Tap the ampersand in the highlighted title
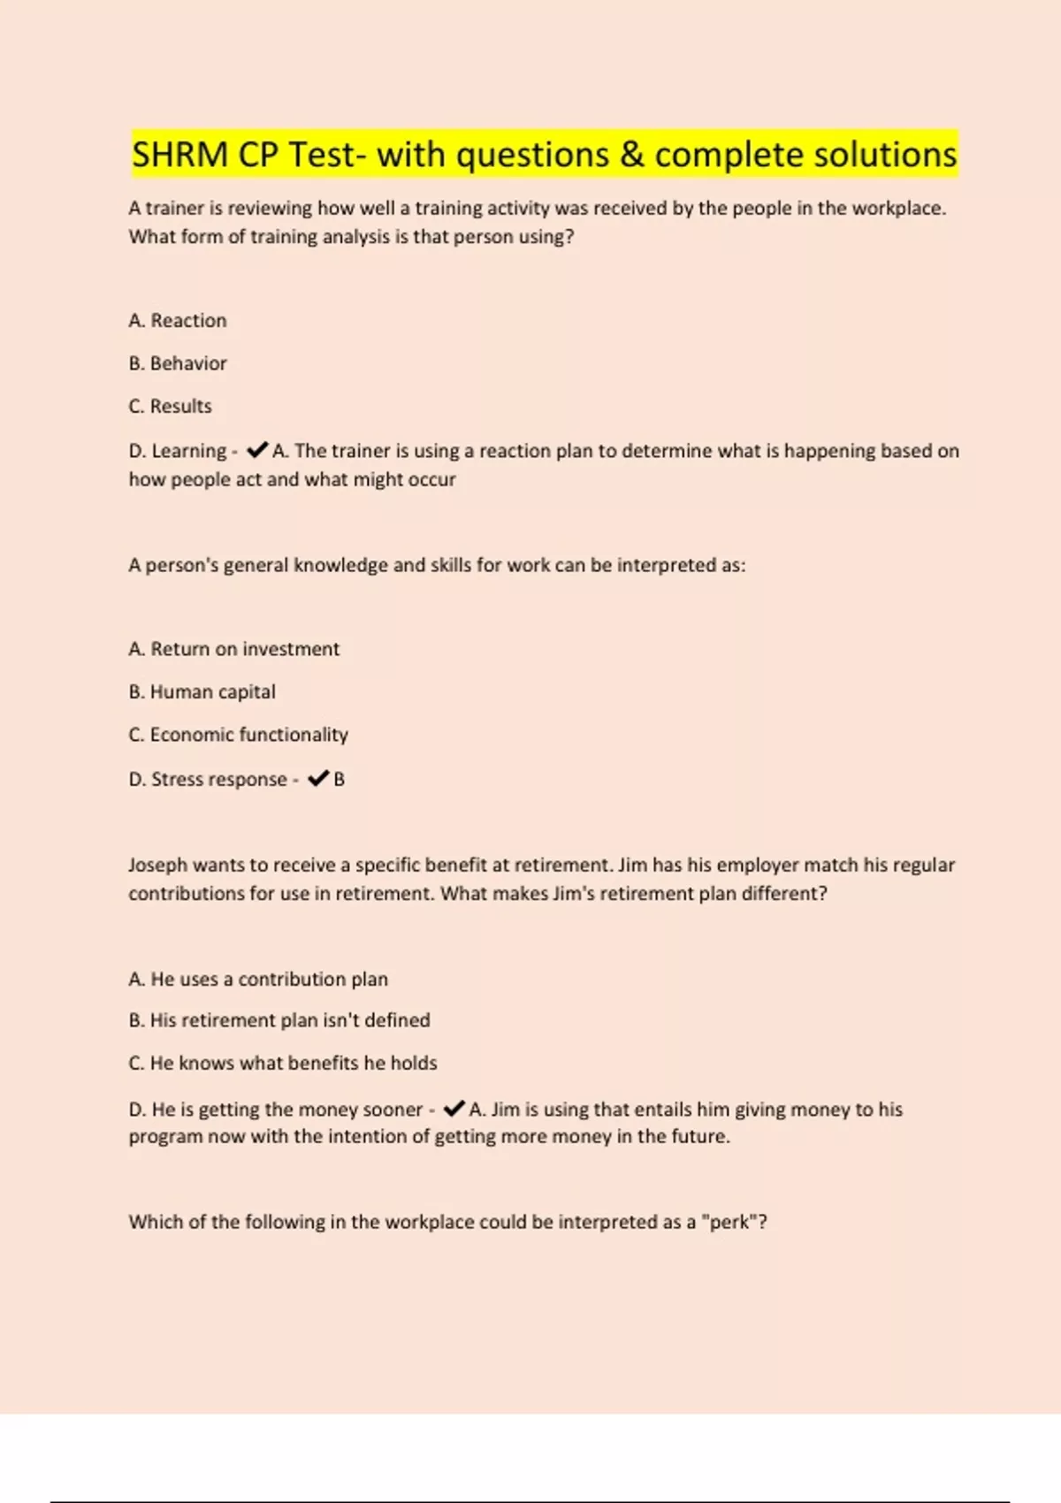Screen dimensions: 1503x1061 click(x=631, y=155)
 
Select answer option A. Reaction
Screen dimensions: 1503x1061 click(x=178, y=320)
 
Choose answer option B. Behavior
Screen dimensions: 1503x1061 click(x=178, y=363)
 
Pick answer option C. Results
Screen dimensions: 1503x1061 click(x=171, y=406)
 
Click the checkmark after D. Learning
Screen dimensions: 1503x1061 click(x=257, y=450)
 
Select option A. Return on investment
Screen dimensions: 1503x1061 click(x=234, y=649)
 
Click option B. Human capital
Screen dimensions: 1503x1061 click(x=202, y=691)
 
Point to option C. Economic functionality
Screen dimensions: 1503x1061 click(x=239, y=735)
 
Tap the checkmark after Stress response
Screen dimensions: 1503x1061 click(x=318, y=778)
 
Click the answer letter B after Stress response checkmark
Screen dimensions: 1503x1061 click(x=340, y=779)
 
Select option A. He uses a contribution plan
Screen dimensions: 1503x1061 click(x=258, y=979)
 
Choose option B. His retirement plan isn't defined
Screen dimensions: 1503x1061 click(x=279, y=1020)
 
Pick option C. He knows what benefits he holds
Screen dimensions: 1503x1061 click(x=283, y=1063)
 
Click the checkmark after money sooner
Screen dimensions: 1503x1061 click(x=454, y=1108)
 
